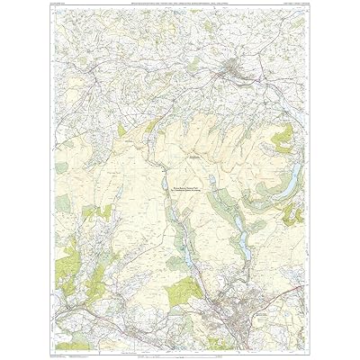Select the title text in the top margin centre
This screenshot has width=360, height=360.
tap(180, 7)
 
